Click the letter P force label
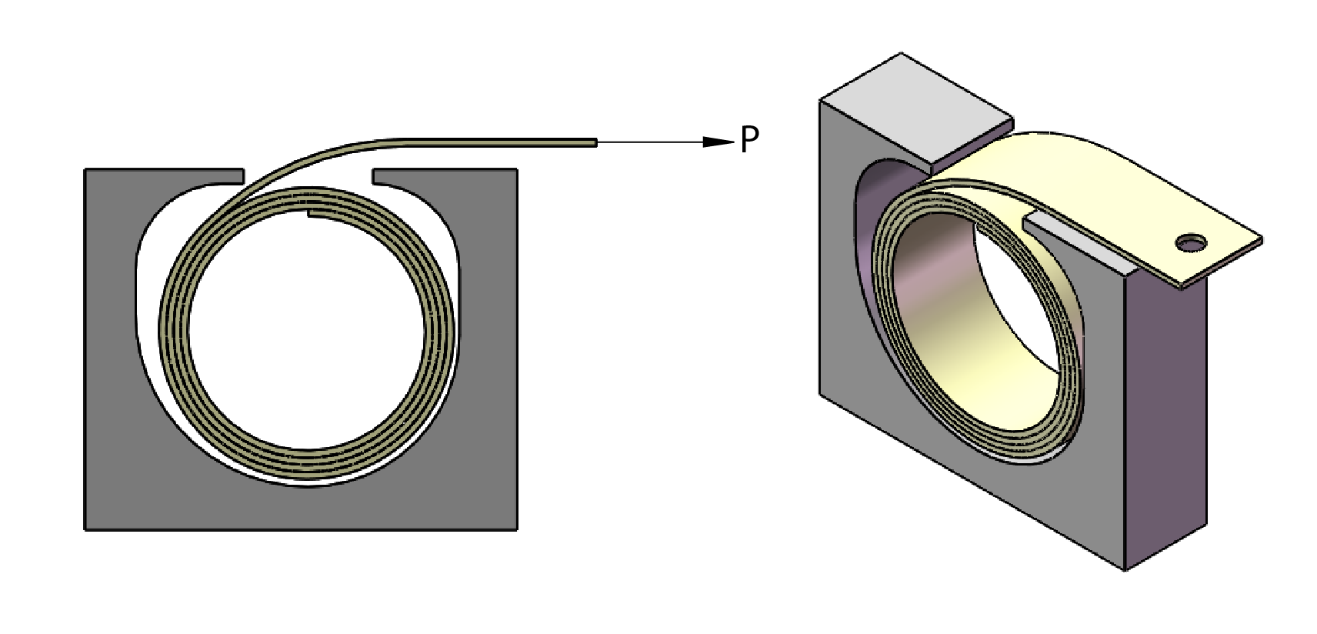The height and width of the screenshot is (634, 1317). pyautogui.click(x=749, y=141)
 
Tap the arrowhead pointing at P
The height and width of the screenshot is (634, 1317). pyautogui.click(x=719, y=142)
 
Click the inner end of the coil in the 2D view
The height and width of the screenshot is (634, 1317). pyautogui.click(x=311, y=215)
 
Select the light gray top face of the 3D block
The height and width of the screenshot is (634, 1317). pyautogui.click(x=915, y=108)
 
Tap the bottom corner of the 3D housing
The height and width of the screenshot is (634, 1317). pyautogui.click(x=1125, y=569)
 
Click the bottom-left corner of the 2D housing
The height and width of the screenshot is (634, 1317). pyautogui.click(x=86, y=528)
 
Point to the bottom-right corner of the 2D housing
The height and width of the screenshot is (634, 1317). pyautogui.click(x=515, y=528)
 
